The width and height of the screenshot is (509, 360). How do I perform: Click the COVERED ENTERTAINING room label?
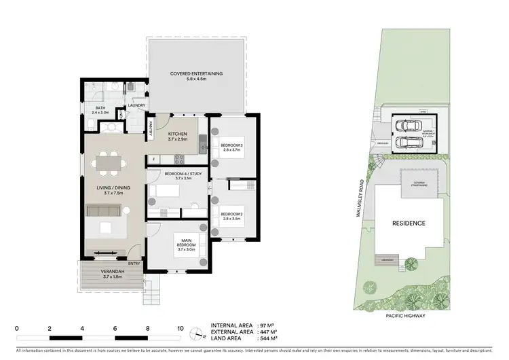pos(196,73)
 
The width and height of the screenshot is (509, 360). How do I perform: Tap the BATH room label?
pos(100,107)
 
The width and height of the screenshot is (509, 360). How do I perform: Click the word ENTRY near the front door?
pos(134,264)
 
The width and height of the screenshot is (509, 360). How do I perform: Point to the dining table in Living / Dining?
pos(109,164)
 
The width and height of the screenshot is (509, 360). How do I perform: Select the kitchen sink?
pos(202,143)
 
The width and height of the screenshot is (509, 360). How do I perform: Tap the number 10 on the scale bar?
pos(179,328)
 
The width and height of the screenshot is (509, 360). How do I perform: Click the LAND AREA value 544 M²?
pos(272,338)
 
